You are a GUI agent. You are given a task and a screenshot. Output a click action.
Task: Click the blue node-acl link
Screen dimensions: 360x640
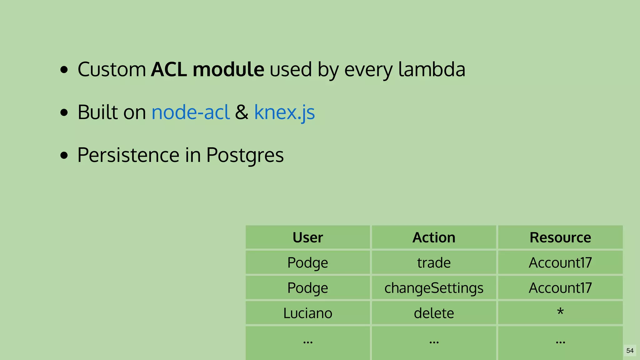(190, 112)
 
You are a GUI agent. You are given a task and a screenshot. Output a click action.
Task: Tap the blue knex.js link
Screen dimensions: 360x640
(284, 112)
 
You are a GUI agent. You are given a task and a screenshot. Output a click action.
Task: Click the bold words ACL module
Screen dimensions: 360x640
(207, 69)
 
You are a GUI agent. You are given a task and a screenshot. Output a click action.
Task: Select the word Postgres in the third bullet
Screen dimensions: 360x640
(245, 155)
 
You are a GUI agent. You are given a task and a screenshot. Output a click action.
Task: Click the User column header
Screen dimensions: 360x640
(307, 237)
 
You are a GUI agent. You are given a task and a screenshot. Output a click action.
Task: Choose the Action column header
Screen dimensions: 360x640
(434, 237)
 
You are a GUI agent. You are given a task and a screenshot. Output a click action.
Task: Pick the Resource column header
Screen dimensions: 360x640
(560, 237)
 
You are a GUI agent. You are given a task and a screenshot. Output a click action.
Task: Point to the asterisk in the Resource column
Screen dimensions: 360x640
(560, 312)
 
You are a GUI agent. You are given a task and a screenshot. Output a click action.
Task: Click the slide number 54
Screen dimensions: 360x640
(630, 351)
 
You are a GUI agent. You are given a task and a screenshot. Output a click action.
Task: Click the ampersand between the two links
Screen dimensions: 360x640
(242, 112)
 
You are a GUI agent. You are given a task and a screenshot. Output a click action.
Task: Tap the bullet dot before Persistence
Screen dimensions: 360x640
(64, 155)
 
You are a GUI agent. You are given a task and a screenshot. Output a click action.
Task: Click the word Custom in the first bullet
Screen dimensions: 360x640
(112, 69)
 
